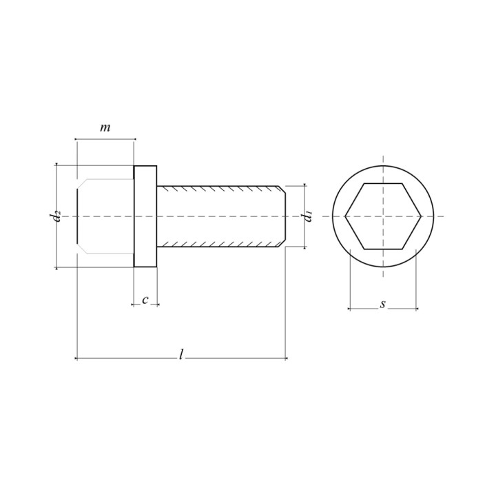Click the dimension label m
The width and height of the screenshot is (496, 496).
pos(105,128)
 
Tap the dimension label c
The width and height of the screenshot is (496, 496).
pos(145,300)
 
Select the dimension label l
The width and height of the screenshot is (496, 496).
pos(181,354)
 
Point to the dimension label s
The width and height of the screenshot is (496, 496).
pos(383,304)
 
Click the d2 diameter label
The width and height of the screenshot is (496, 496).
pos(55,216)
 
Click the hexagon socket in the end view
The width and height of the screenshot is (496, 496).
pos(383,216)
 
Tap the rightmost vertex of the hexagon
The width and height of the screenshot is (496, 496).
pos(422,216)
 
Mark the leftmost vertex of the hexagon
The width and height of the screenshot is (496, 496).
pos(345,216)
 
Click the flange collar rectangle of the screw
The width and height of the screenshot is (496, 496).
pos(145,216)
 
